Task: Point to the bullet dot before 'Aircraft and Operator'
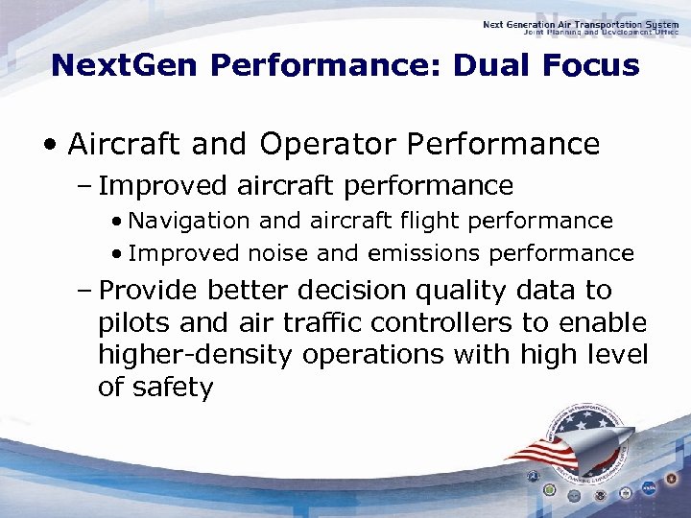49,146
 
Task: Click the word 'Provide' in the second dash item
149,290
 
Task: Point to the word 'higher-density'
196,355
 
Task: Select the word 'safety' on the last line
173,388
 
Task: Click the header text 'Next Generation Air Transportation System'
581,24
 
